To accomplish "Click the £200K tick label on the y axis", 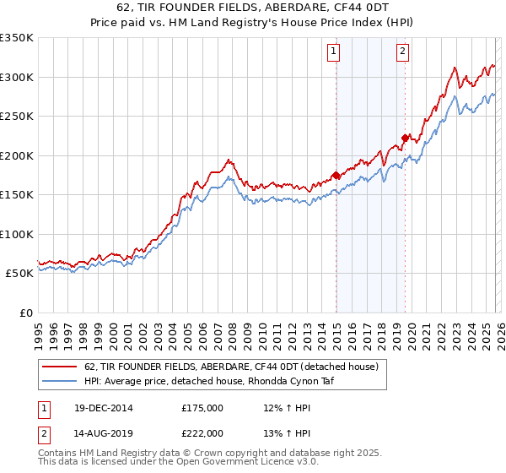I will [x=17, y=155].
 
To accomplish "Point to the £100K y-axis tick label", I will [x=17, y=234].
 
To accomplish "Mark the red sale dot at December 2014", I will [x=336, y=176].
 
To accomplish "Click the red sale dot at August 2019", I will [x=405, y=139].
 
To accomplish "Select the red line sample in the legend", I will [x=61, y=367].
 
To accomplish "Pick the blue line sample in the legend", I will [x=61, y=381].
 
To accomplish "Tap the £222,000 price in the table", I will [x=202, y=432].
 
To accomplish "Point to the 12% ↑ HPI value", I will [x=282, y=408].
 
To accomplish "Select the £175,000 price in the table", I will [x=202, y=408].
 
